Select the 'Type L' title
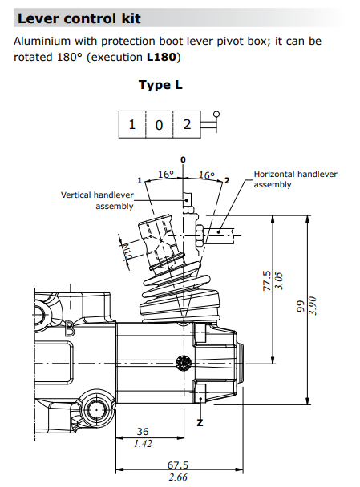[x=166, y=85]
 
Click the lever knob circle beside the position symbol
[x=215, y=114]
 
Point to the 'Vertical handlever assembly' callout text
[x=97, y=199]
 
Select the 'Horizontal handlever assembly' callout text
[x=295, y=179]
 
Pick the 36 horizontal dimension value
[x=143, y=432]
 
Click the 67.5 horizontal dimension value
[x=176, y=465]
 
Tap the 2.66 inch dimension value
[x=177, y=477]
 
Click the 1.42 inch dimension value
[x=143, y=444]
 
